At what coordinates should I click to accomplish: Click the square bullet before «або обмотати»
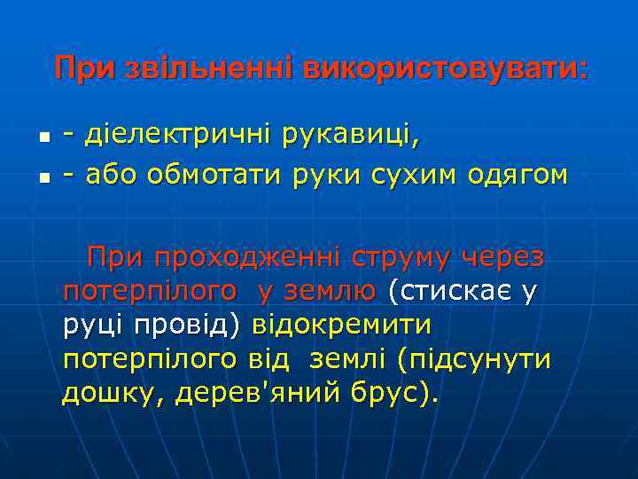coord(43,177)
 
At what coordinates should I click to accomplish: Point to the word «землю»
coord(328,292)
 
